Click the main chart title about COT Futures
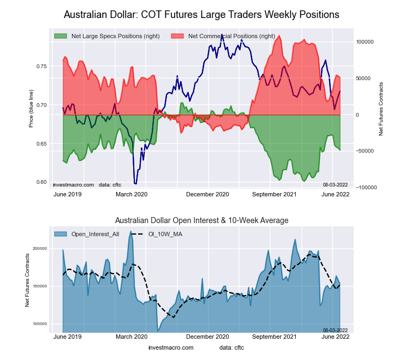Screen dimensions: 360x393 point(201,14)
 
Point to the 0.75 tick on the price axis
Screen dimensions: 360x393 point(41,67)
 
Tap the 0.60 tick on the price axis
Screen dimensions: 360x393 point(41,182)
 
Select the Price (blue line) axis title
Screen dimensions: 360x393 point(31,110)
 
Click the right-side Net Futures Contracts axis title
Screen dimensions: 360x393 point(380,109)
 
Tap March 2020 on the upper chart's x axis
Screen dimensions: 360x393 point(133,194)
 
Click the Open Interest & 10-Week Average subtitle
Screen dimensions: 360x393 point(201,220)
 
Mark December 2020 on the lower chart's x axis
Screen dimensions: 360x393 point(207,337)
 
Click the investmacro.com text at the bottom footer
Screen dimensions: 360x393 point(171,347)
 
